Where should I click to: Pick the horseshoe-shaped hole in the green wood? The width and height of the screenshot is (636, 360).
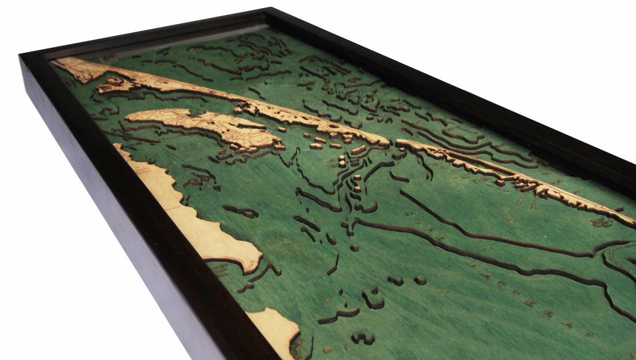pos(373,299)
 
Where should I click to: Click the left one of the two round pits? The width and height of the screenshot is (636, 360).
pos(395,281)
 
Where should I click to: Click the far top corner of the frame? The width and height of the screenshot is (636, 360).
pos(271,9)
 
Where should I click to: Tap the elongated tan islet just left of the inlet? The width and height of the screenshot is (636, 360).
pos(359,150)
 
